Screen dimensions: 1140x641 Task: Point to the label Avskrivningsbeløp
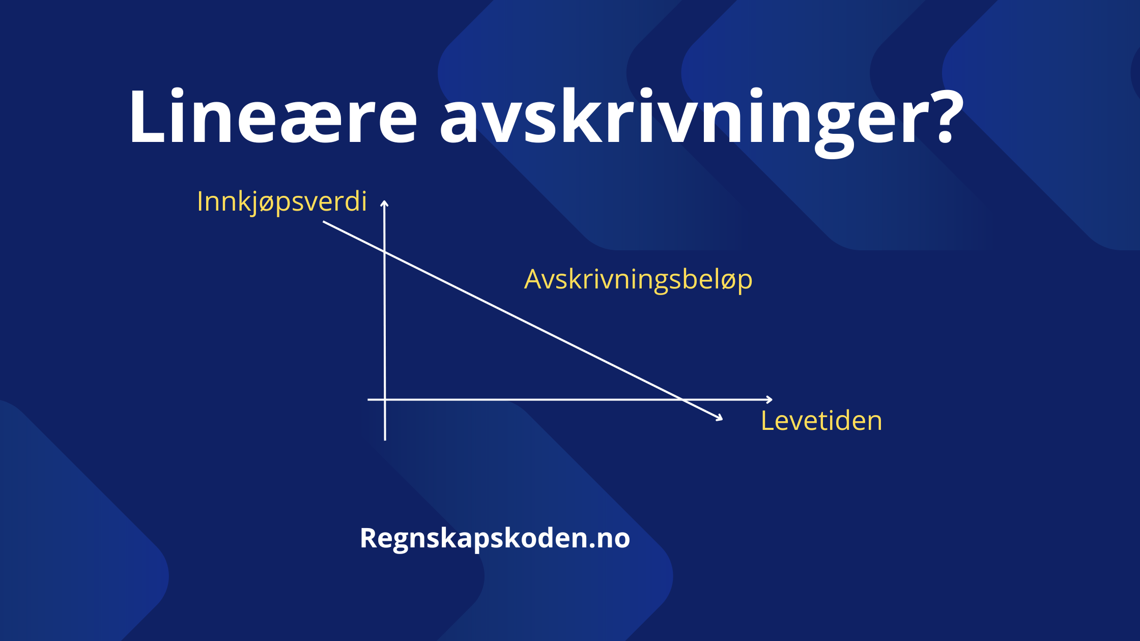tap(638, 280)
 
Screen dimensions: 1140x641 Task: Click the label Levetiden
tap(821, 421)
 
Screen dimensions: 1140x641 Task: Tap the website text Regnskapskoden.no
tap(495, 538)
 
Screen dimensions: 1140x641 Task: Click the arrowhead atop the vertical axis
tap(385, 203)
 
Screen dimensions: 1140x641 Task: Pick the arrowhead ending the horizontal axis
tap(770, 399)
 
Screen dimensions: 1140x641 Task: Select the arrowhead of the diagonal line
tap(720, 418)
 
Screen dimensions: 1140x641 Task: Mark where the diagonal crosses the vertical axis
tap(385, 252)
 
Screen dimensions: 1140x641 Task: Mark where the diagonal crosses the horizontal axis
tap(682, 399)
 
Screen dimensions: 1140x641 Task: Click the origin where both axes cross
tap(385, 399)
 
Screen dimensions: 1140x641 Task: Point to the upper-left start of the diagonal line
tap(324, 222)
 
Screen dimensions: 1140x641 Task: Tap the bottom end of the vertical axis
tap(385, 440)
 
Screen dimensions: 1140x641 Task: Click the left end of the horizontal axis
tap(368, 399)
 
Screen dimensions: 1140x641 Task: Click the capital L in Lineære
tap(148, 117)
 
